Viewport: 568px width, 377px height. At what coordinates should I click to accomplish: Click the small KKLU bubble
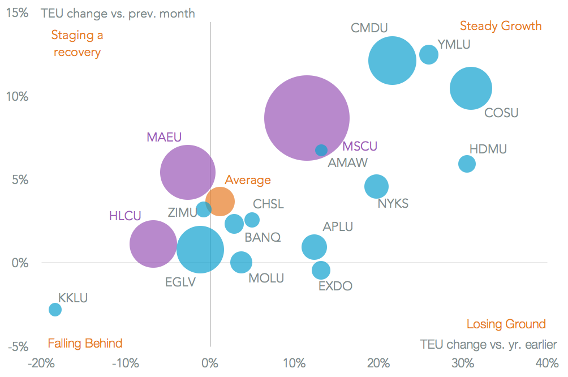click(x=55, y=309)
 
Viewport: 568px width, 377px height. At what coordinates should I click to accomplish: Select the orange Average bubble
click(x=220, y=200)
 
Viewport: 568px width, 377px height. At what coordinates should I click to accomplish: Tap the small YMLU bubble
click(x=429, y=54)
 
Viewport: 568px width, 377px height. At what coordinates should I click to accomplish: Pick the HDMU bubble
click(x=467, y=164)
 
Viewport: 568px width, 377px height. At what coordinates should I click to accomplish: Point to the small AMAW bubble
click(x=321, y=150)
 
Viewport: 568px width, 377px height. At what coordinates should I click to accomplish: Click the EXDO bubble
click(x=321, y=270)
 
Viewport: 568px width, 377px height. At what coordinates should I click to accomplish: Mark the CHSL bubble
click(x=252, y=220)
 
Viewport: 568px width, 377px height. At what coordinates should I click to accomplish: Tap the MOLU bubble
click(x=242, y=262)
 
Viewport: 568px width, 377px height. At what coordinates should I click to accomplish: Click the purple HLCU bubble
click(x=153, y=243)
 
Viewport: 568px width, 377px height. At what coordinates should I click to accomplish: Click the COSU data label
click(x=501, y=113)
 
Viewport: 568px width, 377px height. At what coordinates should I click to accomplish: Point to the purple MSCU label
click(x=360, y=147)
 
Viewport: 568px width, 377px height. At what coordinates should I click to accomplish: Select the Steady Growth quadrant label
click(x=501, y=26)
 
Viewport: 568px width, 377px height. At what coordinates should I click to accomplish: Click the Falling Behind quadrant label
click(x=85, y=343)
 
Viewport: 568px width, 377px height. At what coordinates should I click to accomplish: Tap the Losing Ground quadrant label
click(x=506, y=324)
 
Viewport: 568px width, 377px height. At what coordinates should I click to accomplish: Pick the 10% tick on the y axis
click(x=18, y=96)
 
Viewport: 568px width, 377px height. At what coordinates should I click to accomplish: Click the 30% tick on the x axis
click(x=463, y=362)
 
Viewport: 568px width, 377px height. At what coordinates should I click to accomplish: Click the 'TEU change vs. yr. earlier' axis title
click(x=488, y=344)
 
